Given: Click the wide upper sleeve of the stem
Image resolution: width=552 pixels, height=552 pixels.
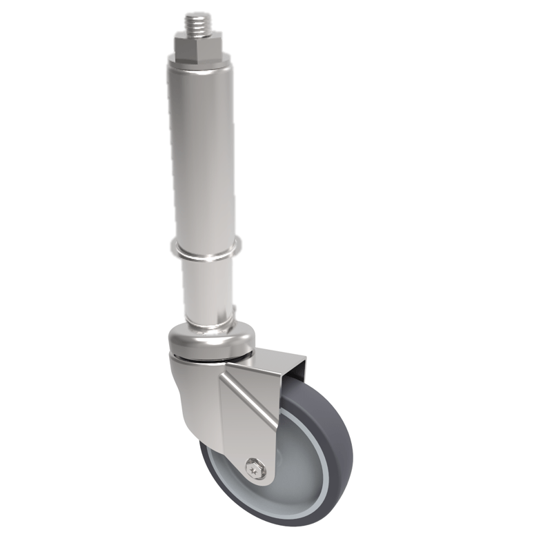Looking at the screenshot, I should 200,152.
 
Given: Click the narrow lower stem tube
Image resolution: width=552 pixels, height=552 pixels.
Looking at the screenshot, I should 207,290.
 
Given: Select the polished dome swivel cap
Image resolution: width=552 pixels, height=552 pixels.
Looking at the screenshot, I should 210,341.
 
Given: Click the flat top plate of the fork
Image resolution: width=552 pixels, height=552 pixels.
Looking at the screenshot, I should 276,359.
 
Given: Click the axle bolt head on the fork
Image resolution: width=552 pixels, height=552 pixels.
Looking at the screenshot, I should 257,469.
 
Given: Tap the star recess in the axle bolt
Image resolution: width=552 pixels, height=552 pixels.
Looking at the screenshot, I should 257,469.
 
